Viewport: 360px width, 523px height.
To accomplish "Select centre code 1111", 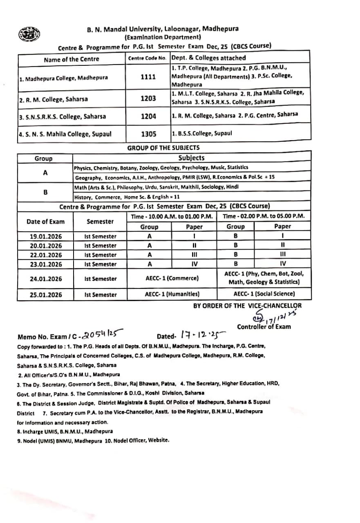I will click(x=148, y=77).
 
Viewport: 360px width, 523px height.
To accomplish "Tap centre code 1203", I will click(x=148, y=99).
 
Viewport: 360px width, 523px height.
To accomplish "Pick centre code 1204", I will click(x=148, y=116).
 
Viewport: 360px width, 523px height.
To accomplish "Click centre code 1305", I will click(x=148, y=134).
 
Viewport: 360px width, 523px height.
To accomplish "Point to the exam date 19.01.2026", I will click(x=46, y=237).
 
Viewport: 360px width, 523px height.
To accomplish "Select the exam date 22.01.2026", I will click(x=46, y=255).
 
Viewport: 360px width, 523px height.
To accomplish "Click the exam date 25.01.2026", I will click(x=46, y=295).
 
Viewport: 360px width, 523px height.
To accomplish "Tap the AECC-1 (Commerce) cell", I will click(x=172, y=278).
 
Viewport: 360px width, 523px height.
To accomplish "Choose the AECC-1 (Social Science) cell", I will click(x=264, y=294).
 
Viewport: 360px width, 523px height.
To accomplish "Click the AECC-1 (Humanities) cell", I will click(x=172, y=294).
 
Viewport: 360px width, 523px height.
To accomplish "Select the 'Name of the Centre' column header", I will click(x=72, y=59).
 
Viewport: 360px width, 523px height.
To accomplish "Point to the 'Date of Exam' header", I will click(x=45, y=221).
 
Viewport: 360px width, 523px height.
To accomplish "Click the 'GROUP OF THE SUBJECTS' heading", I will click(x=163, y=148).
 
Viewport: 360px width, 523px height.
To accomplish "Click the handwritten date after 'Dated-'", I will click(x=202, y=336).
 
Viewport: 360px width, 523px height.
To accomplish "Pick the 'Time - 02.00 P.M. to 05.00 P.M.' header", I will click(x=264, y=216).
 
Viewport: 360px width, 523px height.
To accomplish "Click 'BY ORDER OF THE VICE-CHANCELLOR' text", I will click(x=247, y=306).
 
